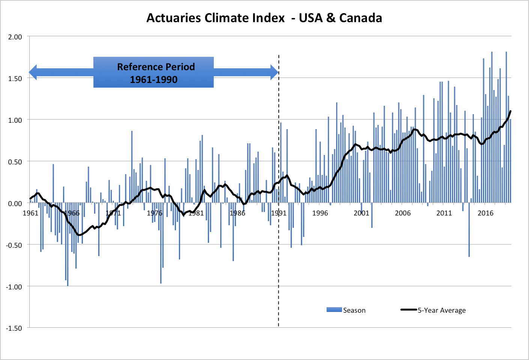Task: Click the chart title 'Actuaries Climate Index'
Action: click(215, 18)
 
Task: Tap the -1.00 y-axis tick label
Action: click(14, 286)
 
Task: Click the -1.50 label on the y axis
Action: click(14, 328)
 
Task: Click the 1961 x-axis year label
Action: click(30, 213)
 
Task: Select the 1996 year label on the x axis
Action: click(320, 213)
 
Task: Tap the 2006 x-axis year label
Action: click(403, 213)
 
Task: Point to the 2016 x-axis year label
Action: click(485, 213)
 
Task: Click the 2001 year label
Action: click(361, 213)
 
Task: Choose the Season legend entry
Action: click(354, 310)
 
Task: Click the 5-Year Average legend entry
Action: click(442, 310)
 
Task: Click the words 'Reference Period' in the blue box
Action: click(156, 67)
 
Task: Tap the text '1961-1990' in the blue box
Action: click(153, 80)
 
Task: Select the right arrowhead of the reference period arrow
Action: click(274, 72)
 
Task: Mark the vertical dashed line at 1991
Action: click(278, 263)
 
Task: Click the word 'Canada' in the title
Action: click(361, 18)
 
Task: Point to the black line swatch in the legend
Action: click(409, 310)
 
